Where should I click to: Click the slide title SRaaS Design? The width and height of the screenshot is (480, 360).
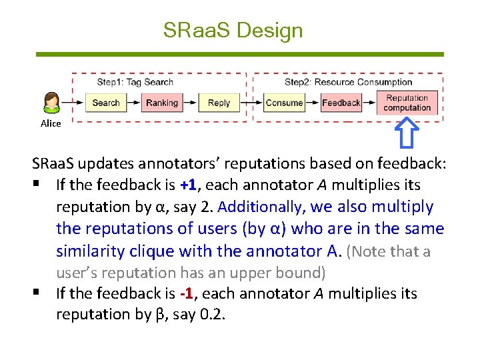pos(233,30)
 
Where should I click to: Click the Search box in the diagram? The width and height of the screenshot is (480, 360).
pos(106,103)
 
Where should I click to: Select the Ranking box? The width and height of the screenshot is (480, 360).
pos(162,103)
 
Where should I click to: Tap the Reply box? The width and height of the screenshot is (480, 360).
pos(219,103)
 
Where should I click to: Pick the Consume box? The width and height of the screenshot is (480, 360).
pos(284,103)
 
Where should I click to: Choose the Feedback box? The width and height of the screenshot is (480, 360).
pos(341,103)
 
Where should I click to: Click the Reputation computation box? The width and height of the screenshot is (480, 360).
pos(407,103)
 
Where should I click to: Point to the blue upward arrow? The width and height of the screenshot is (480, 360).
pos(407,132)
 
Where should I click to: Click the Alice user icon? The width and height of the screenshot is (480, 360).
pos(51,103)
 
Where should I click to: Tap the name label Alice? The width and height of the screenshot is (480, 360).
pos(51,123)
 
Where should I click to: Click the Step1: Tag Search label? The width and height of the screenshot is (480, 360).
pos(135,82)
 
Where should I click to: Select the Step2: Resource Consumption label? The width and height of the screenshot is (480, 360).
pos(348,82)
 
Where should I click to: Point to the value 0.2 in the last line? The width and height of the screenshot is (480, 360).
pos(211,314)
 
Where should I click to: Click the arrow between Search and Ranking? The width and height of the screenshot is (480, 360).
pos(133,103)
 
